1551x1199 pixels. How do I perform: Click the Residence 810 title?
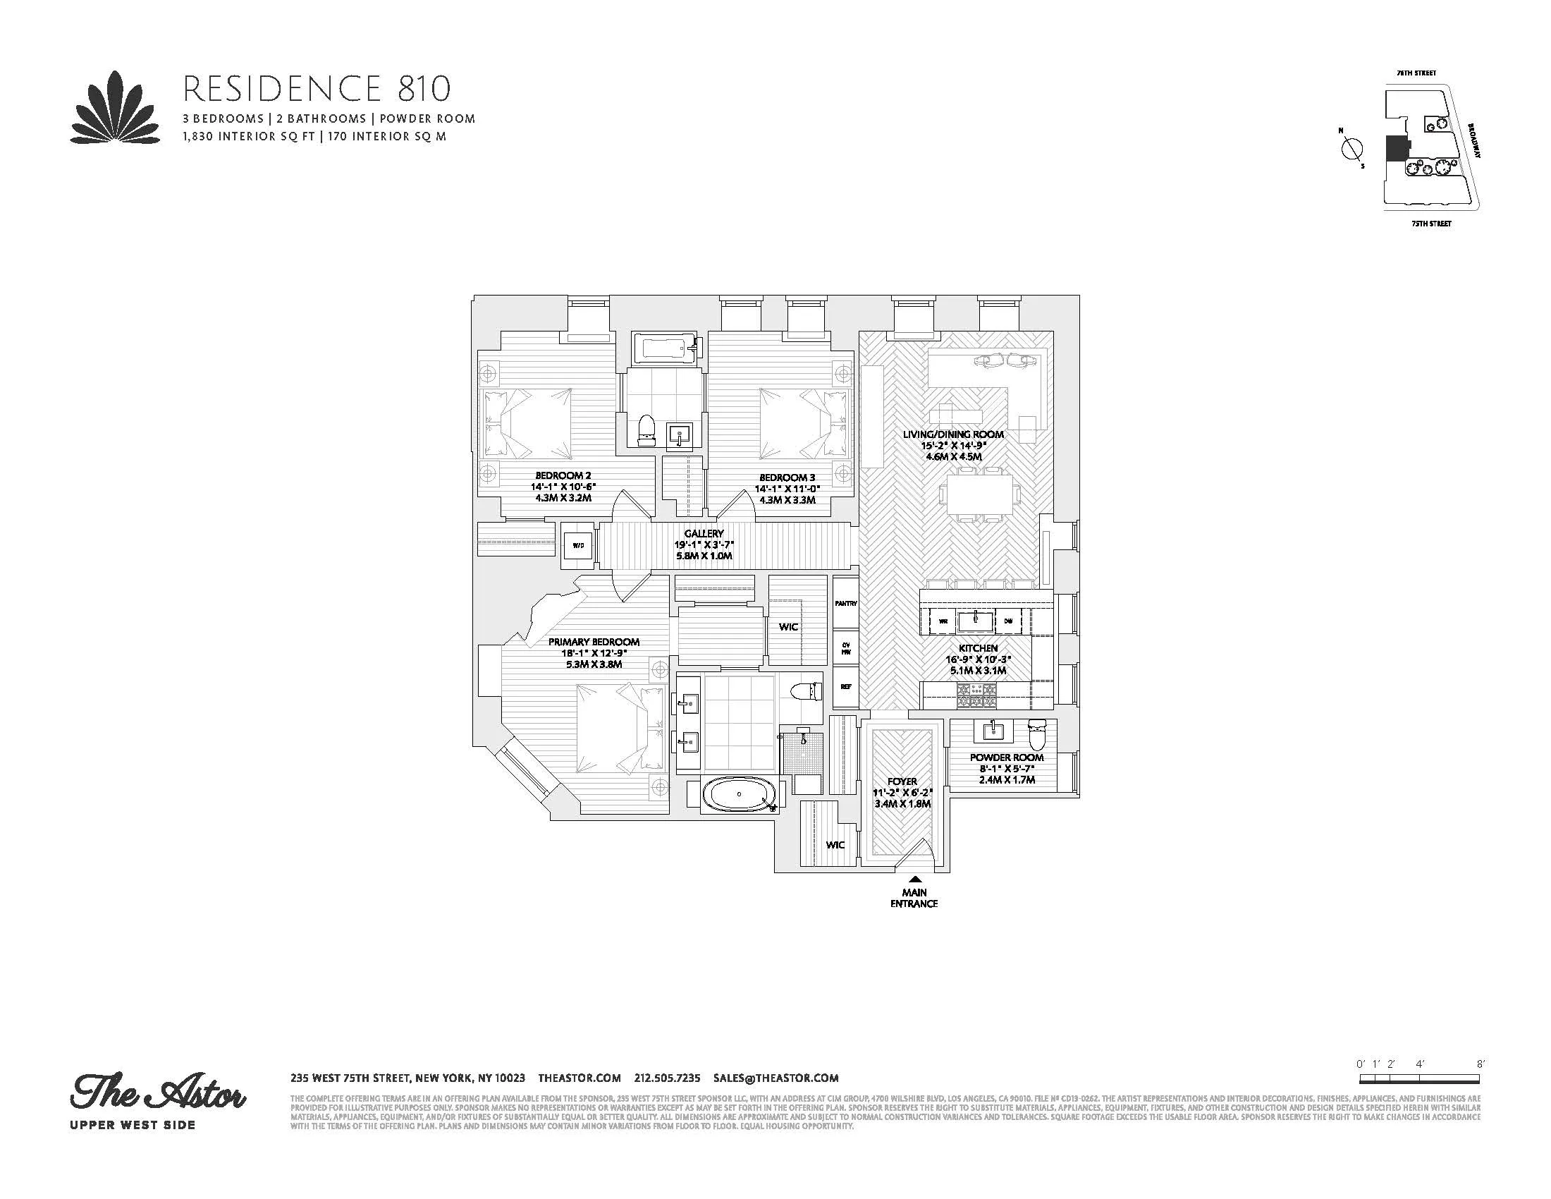317,90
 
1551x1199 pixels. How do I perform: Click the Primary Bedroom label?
594,641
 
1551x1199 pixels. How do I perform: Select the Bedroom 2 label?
563,476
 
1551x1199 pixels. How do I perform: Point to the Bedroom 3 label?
783,477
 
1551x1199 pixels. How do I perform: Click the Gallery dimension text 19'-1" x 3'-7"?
704,544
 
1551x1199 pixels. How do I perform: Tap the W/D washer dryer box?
578,545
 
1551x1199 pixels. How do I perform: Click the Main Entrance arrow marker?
914,879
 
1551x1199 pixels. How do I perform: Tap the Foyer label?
902,781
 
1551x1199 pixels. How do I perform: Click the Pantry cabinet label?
845,603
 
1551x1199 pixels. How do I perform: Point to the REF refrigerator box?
845,687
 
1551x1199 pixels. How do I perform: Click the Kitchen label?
978,647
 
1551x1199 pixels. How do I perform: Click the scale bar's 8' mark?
1480,1084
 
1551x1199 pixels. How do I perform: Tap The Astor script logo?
158,1095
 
